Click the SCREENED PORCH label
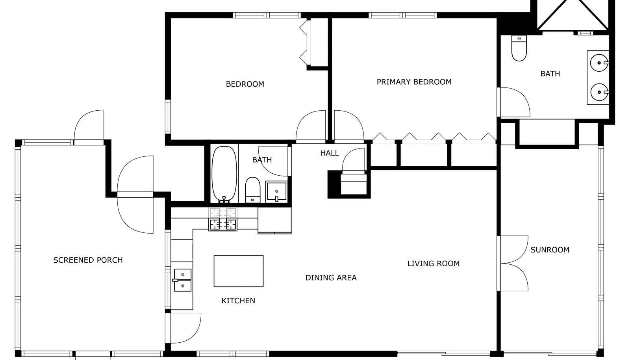[x=88, y=260]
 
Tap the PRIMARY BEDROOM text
[x=414, y=82]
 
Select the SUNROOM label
[x=550, y=250]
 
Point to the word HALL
[x=330, y=153]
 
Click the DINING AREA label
[x=331, y=278]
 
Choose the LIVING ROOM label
[x=434, y=264]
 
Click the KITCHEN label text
[x=238, y=301]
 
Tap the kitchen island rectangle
[x=239, y=271]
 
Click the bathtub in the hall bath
[x=224, y=174]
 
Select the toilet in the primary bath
[x=519, y=48]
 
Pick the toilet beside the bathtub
[x=252, y=190]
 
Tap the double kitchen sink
[x=183, y=280]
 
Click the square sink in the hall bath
[x=276, y=191]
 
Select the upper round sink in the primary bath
[x=599, y=63]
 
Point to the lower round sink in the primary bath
[x=599, y=92]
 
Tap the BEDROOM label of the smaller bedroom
[x=245, y=84]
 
